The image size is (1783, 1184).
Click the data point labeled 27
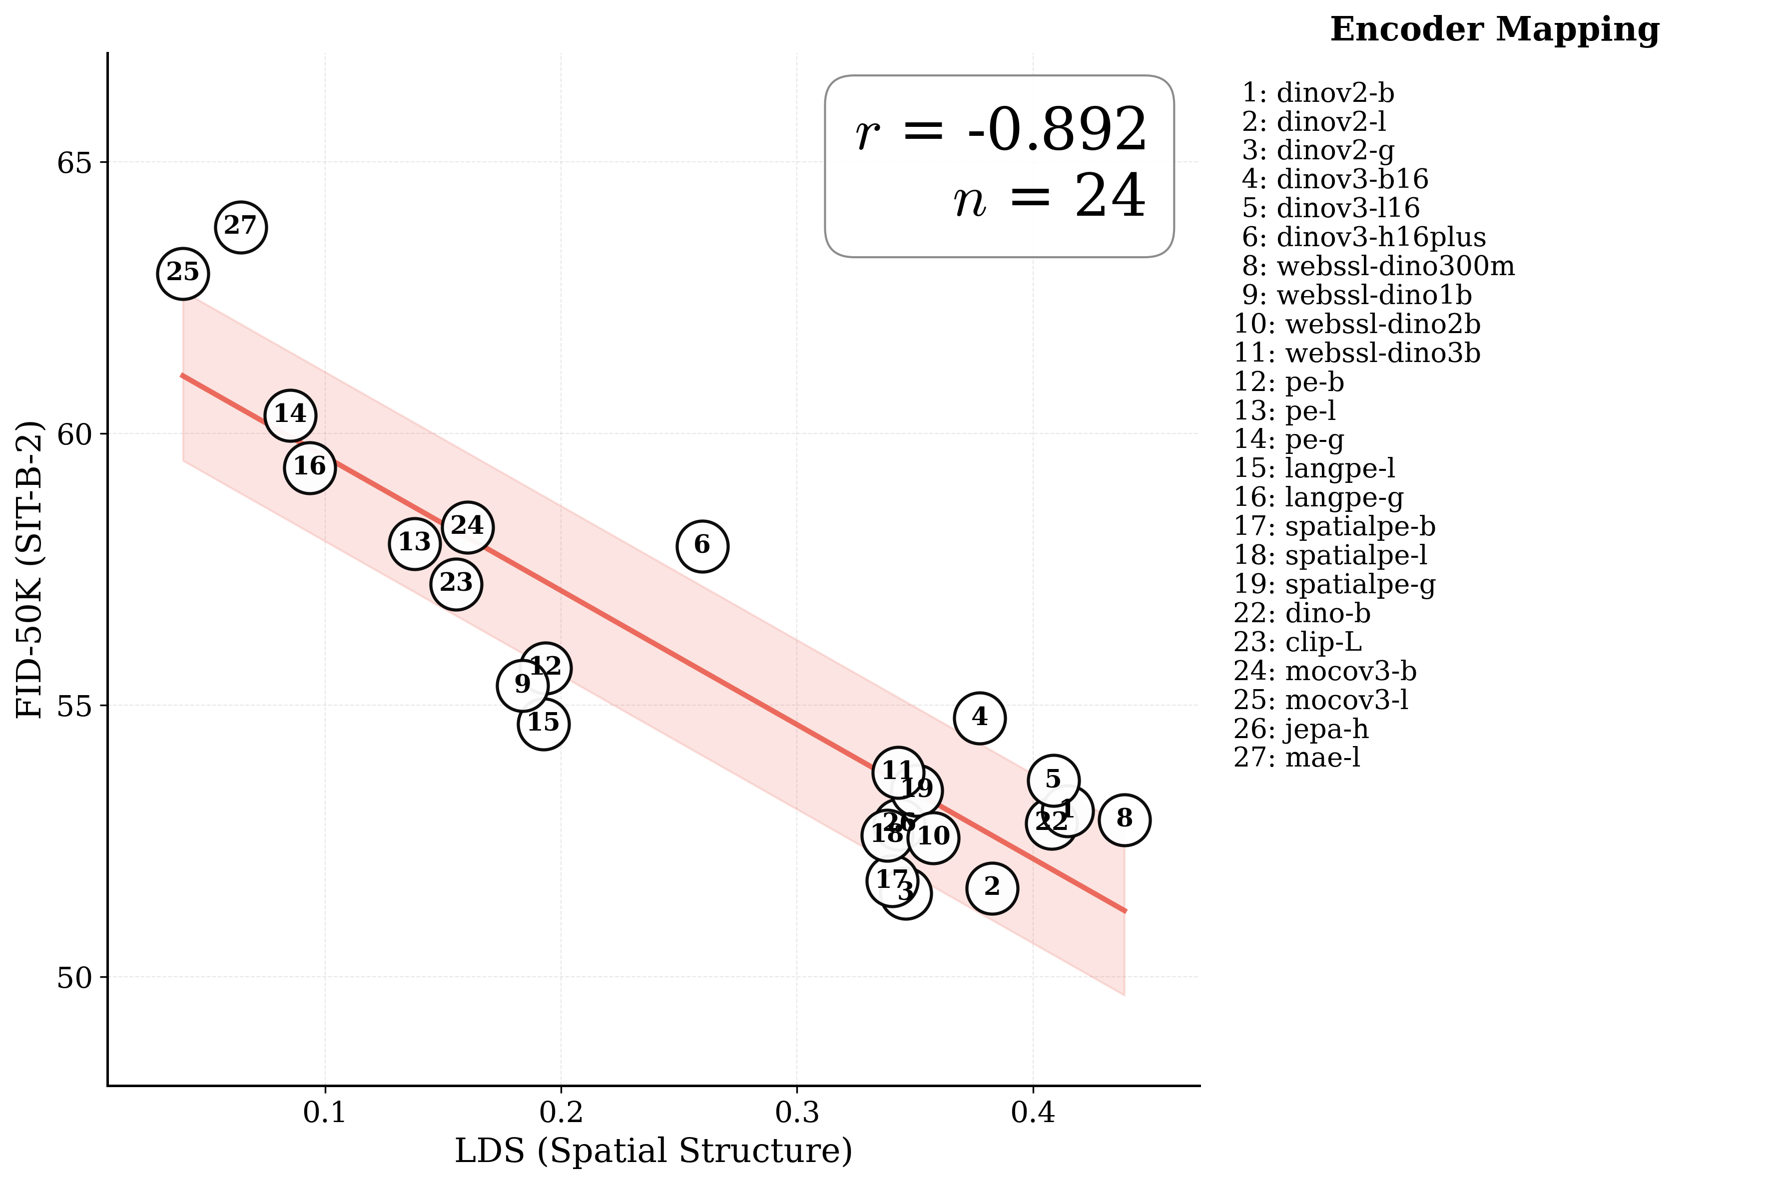click(x=240, y=227)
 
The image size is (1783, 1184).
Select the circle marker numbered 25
click(x=183, y=273)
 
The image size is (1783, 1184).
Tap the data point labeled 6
click(x=701, y=545)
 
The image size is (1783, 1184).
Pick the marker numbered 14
click(x=290, y=414)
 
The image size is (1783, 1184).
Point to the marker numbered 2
click(x=992, y=888)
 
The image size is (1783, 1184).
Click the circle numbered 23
click(x=456, y=584)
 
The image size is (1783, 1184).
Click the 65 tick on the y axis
click(x=73, y=162)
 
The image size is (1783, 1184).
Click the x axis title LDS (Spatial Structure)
click(x=653, y=1151)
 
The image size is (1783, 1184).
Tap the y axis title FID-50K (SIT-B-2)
click(x=30, y=571)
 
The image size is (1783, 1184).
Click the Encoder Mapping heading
click(x=1494, y=30)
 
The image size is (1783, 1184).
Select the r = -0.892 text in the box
click(x=1001, y=130)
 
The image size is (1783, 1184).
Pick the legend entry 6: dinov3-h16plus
click(x=1363, y=238)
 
